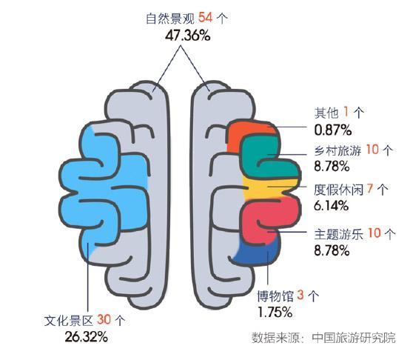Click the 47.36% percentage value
click(188, 36)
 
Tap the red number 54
click(206, 18)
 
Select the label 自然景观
click(170, 19)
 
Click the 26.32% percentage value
click(86, 337)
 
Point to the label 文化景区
click(69, 320)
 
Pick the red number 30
click(104, 319)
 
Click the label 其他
click(326, 113)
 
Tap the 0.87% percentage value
click(333, 130)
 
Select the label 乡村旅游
click(338, 150)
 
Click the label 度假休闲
click(338, 190)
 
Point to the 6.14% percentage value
click(331, 206)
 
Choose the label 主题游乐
click(338, 234)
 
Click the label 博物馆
click(275, 296)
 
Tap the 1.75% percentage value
click(275, 312)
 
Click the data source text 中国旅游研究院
click(354, 337)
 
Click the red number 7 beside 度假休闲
click(370, 189)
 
